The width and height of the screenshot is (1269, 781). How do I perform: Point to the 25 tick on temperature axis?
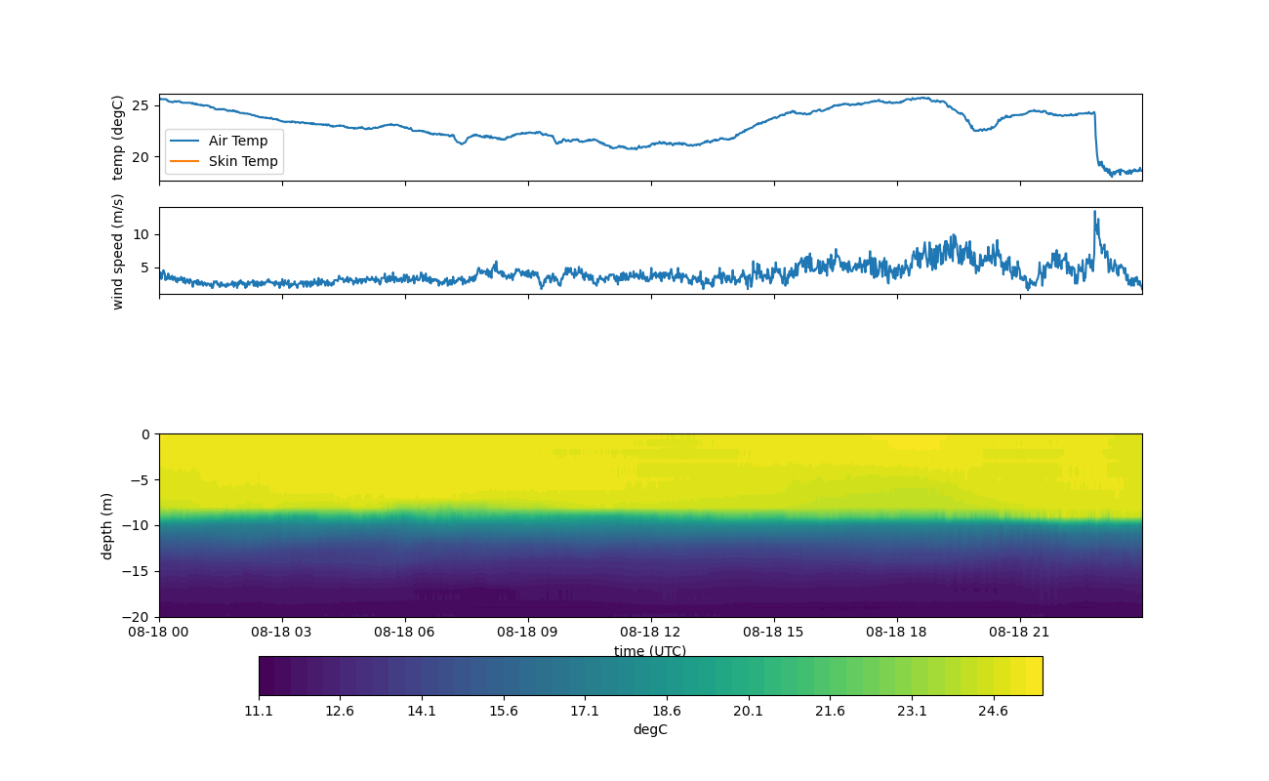[x=141, y=106]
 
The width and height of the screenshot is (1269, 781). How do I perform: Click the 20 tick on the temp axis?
[x=141, y=157]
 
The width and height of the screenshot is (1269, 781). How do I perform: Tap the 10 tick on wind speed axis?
[x=141, y=234]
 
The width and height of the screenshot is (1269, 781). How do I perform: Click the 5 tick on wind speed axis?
[x=145, y=267]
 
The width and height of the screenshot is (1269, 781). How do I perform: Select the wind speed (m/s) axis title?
[x=117, y=252]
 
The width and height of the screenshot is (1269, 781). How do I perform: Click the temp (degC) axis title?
[x=117, y=138]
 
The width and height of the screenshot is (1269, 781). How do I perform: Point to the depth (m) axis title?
[x=106, y=526]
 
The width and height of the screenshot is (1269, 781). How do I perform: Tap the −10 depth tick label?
[x=136, y=526]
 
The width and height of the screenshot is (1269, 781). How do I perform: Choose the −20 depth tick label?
[x=136, y=617]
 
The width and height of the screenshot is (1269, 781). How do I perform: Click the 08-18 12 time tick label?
[x=650, y=632]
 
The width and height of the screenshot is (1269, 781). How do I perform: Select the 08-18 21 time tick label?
[x=1019, y=632]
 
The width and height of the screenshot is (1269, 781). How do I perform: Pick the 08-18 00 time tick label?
[x=158, y=632]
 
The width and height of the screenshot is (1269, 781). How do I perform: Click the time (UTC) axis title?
[x=650, y=650]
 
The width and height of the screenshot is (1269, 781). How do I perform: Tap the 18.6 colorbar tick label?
[x=666, y=712]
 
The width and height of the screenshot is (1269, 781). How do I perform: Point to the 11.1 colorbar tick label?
[x=259, y=712]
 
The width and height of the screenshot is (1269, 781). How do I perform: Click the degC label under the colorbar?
[x=650, y=730]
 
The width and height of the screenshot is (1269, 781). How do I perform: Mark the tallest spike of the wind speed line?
[x=1094, y=212]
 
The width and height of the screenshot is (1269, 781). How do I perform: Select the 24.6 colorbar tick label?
[x=993, y=712]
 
